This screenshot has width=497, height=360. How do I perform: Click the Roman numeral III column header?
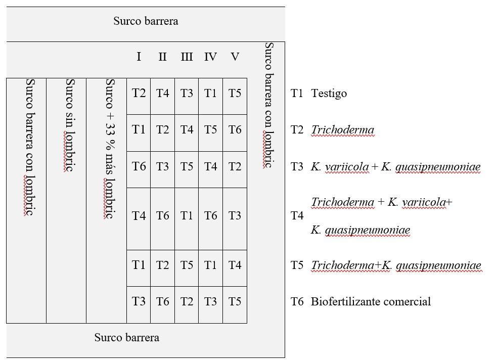pos(187,57)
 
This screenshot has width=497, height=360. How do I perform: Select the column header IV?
pos(210,57)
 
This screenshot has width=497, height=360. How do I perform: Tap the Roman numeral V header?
pos(235,57)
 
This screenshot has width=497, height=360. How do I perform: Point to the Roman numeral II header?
pos(163,57)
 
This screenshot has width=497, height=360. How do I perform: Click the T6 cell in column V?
pos(235,129)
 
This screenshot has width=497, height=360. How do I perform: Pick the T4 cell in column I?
pos(139,216)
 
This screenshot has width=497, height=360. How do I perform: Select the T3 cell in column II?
pos(163,166)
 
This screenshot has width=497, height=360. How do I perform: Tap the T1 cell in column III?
pos(187,216)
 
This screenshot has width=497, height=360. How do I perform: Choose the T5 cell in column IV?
pos(210,129)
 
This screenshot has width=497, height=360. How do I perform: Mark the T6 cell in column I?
pos(139,166)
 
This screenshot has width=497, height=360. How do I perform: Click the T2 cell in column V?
pos(235,166)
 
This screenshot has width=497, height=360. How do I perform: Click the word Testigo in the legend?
pos(329,94)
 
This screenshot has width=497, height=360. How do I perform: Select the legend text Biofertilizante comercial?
pos(371,301)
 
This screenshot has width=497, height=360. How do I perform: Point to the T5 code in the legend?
pos(297,265)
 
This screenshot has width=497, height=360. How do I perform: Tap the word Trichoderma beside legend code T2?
pos(343,130)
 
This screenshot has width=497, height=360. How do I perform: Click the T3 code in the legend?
pos(297,167)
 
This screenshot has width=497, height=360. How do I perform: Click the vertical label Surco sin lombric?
pos(70,125)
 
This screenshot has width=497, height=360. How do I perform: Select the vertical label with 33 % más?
pos(110,149)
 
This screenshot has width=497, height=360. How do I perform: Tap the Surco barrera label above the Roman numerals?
pos(146,21)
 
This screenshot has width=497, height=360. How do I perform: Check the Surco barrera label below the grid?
pos(127,338)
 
